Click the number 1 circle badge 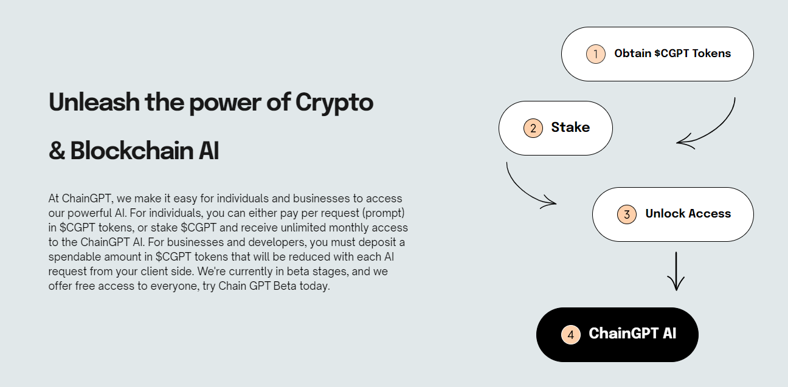[x=596, y=54]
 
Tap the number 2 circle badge [x=533, y=128]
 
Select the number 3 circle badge [x=627, y=214]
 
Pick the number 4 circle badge [x=570, y=335]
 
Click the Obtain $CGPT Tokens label [x=672, y=53]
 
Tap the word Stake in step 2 [x=570, y=128]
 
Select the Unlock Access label [x=688, y=214]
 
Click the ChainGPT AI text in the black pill [x=632, y=334]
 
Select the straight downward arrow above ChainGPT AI [x=676, y=272]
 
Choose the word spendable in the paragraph [x=72, y=257]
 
